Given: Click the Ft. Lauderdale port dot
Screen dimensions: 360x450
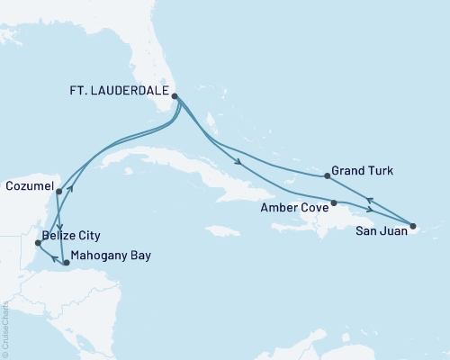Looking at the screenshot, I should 175,97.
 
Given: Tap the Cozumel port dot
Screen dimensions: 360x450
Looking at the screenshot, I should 58,191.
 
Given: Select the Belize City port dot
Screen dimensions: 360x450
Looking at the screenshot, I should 37,243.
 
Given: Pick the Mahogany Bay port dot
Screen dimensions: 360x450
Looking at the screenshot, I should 66,263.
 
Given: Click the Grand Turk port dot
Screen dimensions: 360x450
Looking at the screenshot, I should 325,175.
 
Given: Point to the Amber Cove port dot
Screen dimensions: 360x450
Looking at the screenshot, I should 334,202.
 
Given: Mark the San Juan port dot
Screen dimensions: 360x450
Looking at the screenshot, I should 413,226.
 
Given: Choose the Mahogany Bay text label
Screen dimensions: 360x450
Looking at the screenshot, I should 112,256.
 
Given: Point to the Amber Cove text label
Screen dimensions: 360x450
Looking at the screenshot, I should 292,206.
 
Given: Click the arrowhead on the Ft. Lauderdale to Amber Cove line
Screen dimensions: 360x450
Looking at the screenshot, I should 237,163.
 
